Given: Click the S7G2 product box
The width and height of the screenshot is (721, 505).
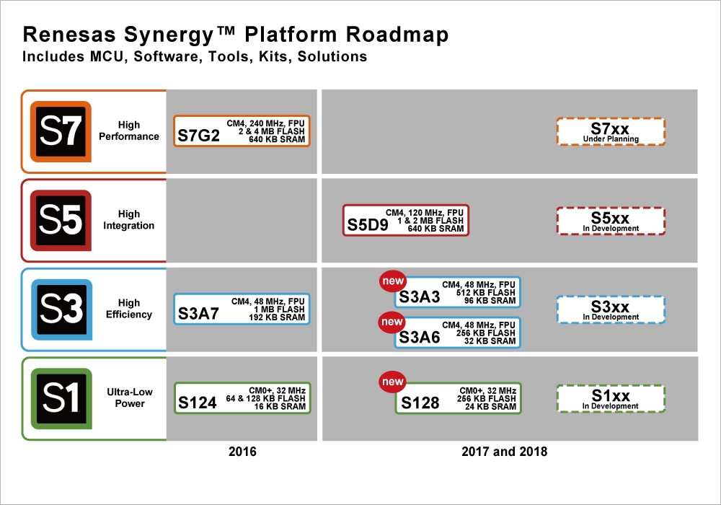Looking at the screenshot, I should click(242, 131).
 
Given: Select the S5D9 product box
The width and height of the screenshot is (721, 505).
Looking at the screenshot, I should click(405, 220).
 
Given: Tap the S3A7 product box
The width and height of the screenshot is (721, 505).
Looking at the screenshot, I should click(242, 309).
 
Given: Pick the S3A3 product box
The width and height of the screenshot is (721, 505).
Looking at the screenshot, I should click(458, 292).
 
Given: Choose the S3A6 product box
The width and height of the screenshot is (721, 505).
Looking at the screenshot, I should click(458, 332).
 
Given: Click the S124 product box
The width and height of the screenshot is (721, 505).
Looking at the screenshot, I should click(242, 398).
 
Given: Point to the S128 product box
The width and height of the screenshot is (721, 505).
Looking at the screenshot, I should click(459, 398).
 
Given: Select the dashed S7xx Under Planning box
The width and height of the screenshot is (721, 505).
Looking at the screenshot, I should click(611, 131).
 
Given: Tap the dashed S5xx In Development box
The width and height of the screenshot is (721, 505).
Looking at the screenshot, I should click(611, 220).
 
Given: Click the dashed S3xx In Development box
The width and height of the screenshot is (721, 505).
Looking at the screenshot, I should click(611, 309).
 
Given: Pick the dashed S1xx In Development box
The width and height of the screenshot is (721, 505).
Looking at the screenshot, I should click(611, 398).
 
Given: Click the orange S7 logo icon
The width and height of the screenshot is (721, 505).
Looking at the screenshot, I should click(61, 131).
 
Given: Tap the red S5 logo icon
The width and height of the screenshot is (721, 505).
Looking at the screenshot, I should click(61, 220).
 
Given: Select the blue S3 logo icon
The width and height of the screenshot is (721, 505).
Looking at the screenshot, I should click(61, 309).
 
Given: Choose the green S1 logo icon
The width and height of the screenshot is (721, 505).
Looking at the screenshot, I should click(61, 398).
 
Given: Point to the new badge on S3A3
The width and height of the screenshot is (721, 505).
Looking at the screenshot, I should click(393, 281).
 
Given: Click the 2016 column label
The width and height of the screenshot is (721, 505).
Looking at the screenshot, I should click(242, 452).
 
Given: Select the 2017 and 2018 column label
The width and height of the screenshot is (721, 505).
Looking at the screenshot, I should click(504, 452).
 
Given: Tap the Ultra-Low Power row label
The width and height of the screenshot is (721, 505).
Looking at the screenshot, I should click(130, 398).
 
